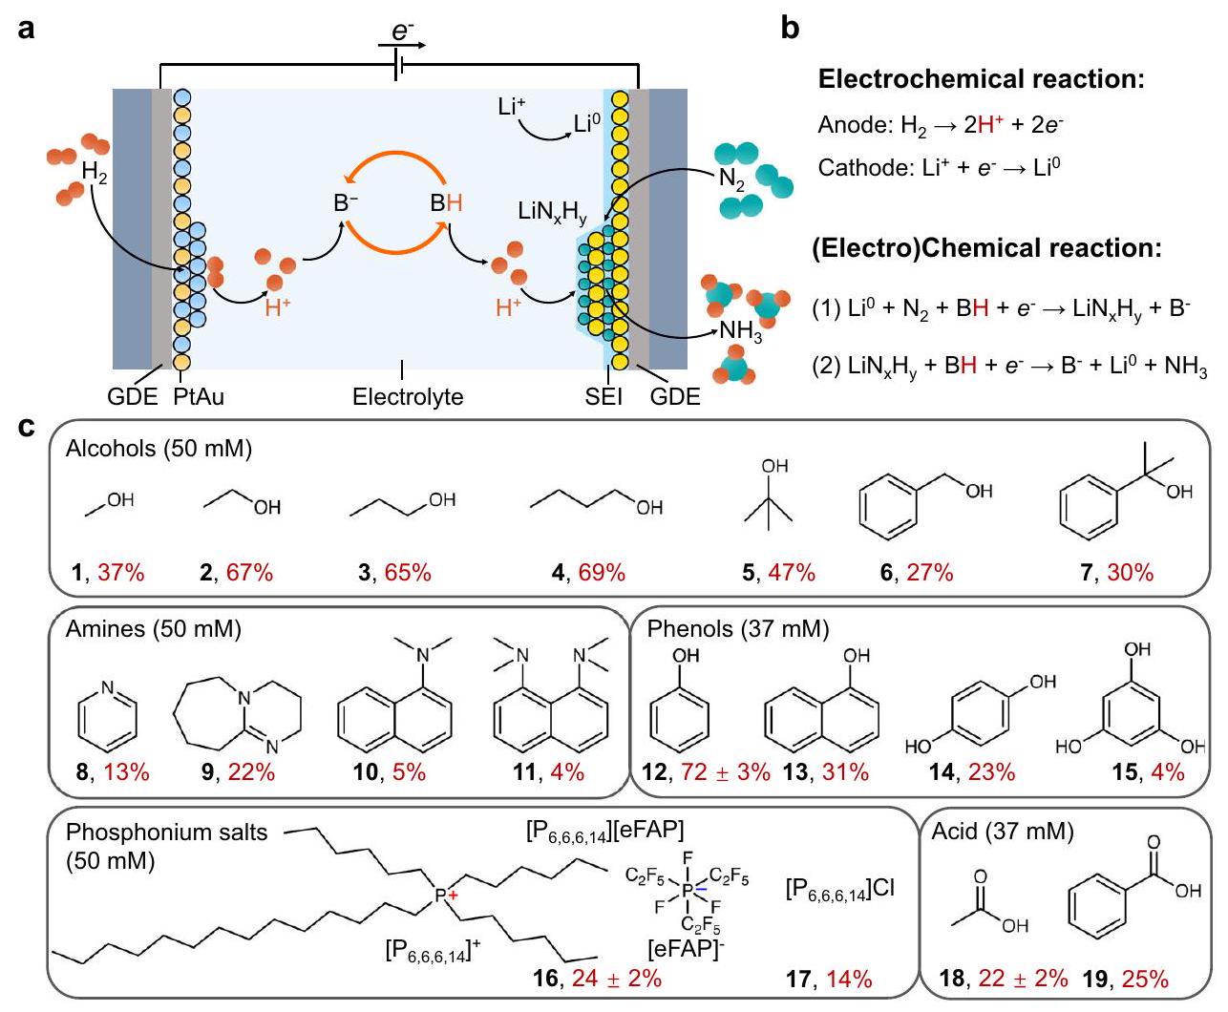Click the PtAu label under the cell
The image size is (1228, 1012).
[x=200, y=395]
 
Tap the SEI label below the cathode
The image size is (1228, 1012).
[x=603, y=395]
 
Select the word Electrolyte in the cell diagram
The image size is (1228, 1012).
[x=408, y=395]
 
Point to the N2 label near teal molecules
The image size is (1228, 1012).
[x=732, y=179]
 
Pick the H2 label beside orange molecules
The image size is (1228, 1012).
[x=95, y=173]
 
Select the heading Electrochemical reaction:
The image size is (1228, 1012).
[x=982, y=79]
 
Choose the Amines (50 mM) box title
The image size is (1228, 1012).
[x=153, y=629]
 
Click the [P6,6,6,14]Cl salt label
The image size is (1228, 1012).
[x=840, y=889]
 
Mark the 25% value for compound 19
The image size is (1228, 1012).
[x=1146, y=979]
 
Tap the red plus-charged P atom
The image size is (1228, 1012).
[x=443, y=894]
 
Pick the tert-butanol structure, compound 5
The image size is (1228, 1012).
[x=775, y=496]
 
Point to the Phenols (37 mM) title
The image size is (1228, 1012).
[x=738, y=629]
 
